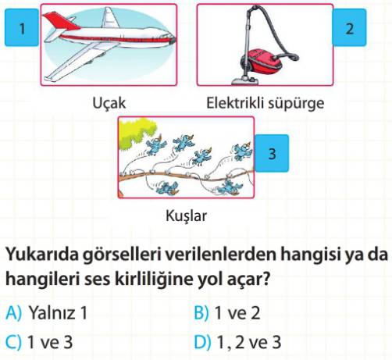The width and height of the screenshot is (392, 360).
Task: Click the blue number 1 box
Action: point(22,27)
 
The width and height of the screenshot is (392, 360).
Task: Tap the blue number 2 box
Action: point(349,27)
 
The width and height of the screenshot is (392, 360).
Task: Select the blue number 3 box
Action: point(272,153)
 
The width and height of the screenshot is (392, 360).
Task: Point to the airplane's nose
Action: point(172,40)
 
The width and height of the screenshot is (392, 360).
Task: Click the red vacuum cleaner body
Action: point(263,60)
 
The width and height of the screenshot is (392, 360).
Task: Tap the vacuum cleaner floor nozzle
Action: point(244,80)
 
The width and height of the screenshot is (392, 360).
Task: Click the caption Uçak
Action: point(109,103)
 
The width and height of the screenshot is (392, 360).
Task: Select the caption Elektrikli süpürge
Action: point(265,103)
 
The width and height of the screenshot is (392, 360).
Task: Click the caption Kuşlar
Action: point(186,216)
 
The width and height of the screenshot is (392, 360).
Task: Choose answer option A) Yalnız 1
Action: point(46,312)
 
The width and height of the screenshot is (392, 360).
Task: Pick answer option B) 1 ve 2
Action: point(227,312)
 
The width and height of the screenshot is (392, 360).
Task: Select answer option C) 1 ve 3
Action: point(39,342)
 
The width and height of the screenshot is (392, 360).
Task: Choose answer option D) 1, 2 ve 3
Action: point(237,342)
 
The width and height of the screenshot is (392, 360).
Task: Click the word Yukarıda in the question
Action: point(42,254)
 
